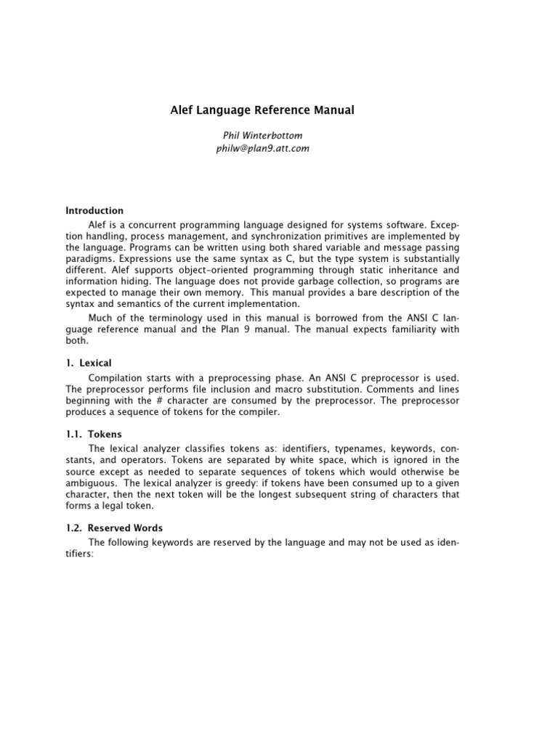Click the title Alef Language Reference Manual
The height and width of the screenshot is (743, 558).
[x=262, y=111]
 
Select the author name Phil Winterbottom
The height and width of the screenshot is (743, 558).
[x=262, y=135]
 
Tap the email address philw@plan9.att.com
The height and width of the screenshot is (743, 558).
[x=262, y=147]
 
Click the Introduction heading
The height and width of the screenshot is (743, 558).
[x=94, y=210]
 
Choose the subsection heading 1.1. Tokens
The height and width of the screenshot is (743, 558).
[x=94, y=434]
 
